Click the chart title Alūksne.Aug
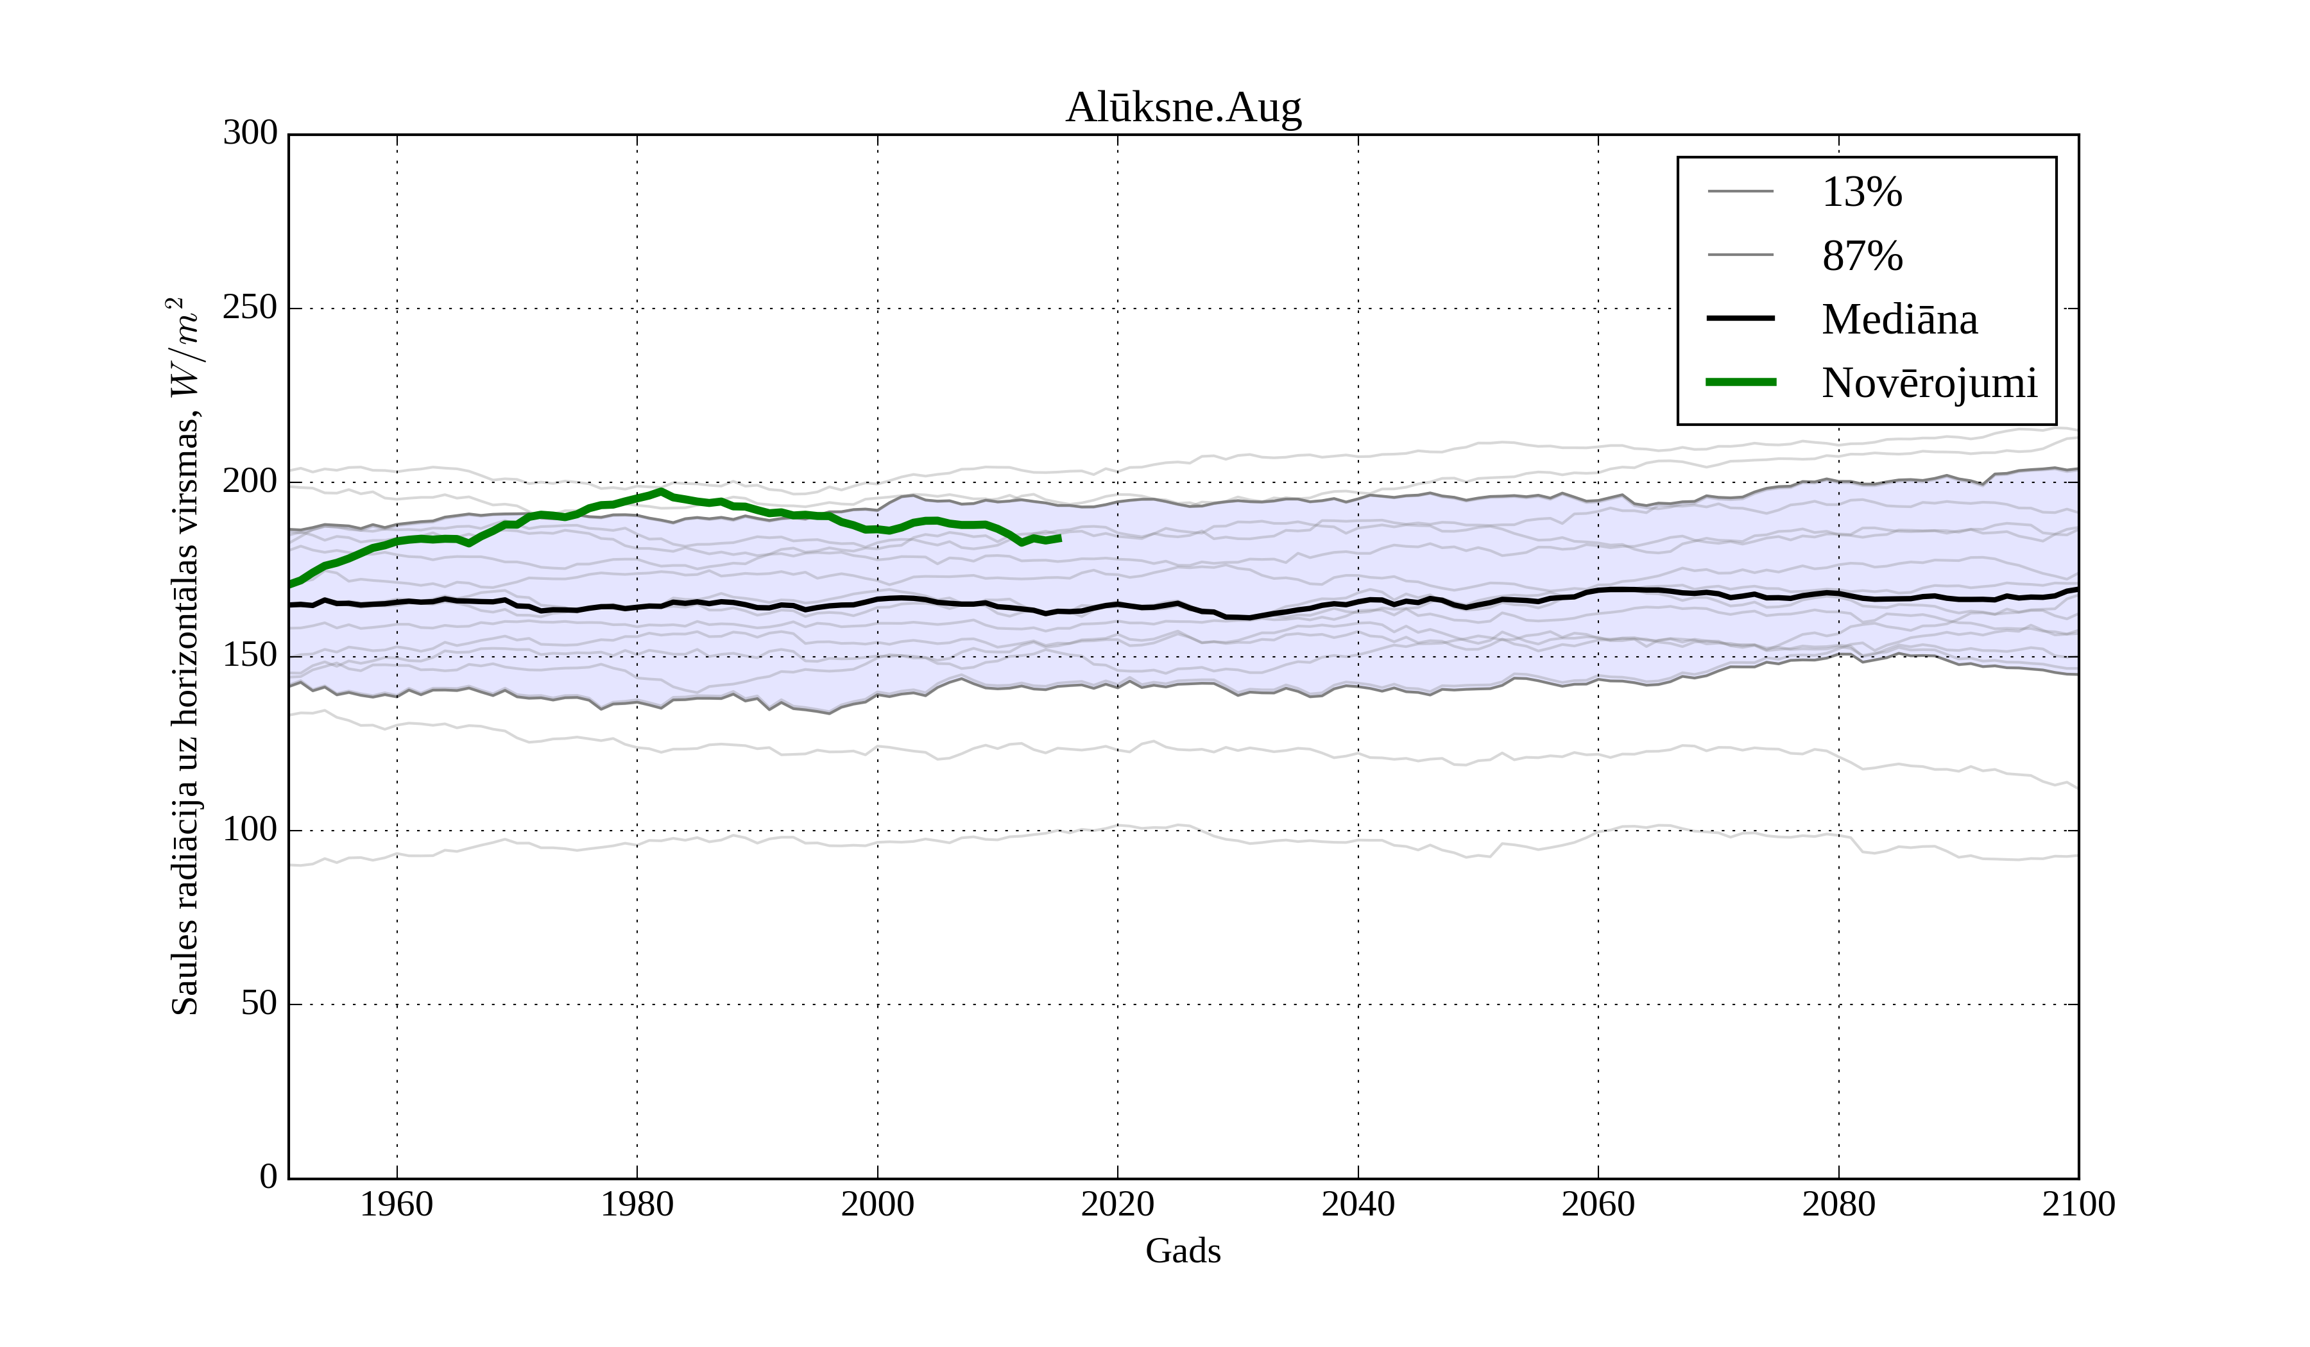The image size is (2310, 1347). coord(1183,108)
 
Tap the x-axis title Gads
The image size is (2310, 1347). coord(1183,1251)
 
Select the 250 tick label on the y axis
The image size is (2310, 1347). coord(250,308)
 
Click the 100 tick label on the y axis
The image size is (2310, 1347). coord(250,830)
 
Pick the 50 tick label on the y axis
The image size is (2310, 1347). coord(259,1004)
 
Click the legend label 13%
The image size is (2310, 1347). coord(1861,192)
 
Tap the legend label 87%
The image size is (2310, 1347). coord(1861,256)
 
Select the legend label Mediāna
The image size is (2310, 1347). coord(1899,320)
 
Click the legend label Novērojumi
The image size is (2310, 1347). coord(1929,383)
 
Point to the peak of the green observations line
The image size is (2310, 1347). coord(661,492)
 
